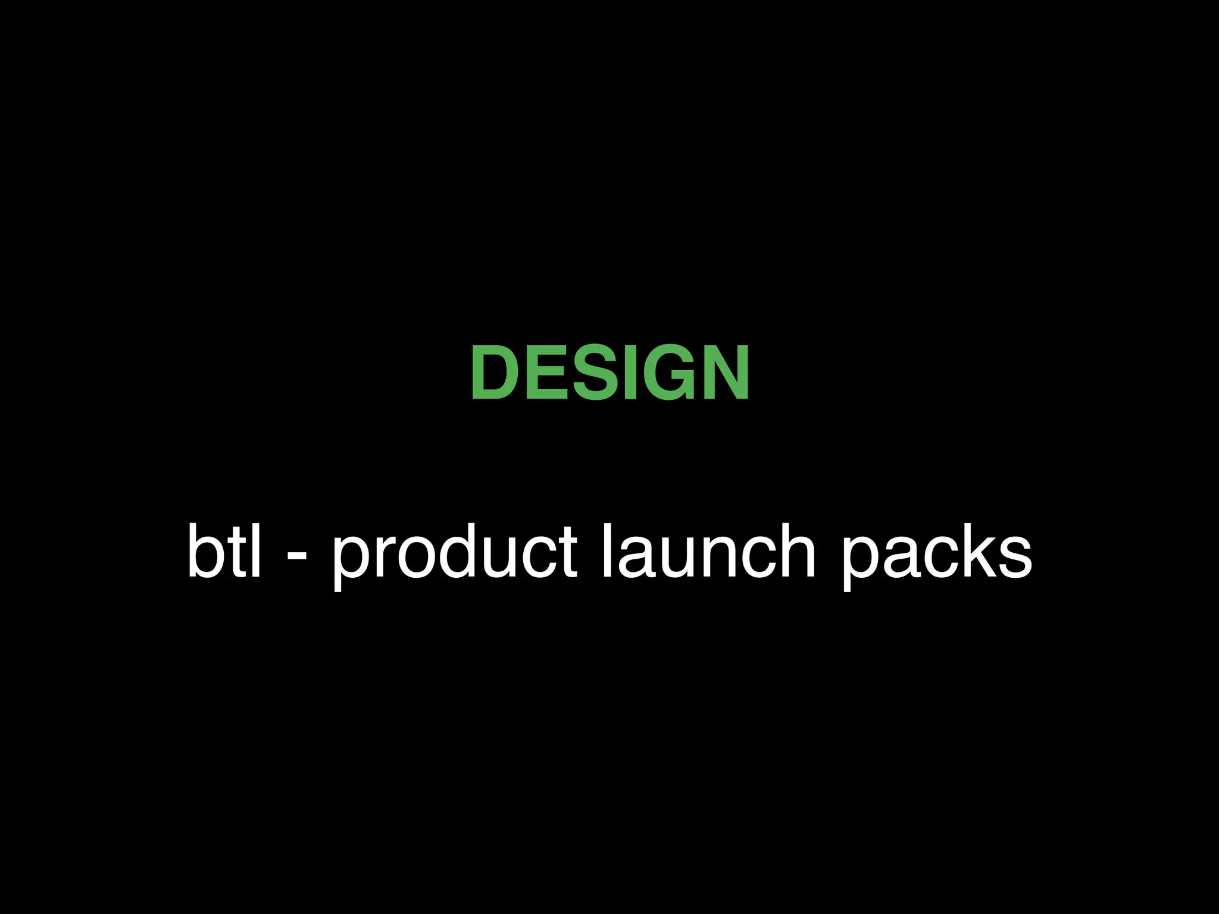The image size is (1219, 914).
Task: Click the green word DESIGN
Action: pyautogui.click(x=609, y=373)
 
